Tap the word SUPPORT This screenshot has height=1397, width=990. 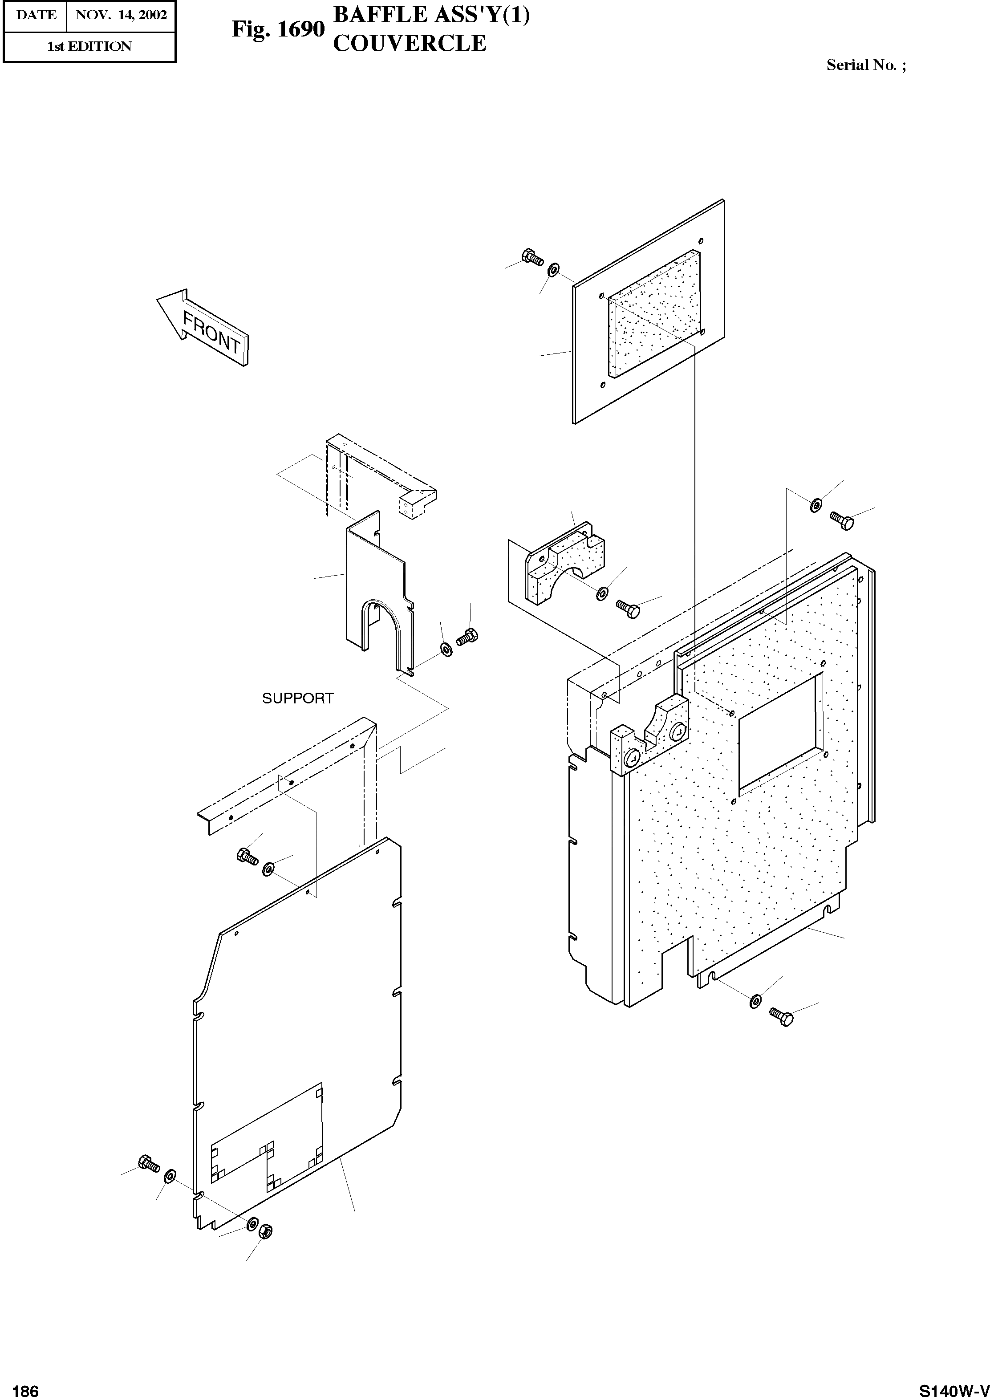297,698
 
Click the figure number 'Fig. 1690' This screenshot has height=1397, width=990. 278,28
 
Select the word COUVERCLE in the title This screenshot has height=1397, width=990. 410,43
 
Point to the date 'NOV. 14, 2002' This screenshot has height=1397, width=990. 121,15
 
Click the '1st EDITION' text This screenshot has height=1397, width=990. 89,47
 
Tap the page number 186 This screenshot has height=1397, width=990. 26,1386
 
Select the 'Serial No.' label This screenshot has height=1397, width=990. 861,65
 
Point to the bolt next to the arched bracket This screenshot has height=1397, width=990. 467,637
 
